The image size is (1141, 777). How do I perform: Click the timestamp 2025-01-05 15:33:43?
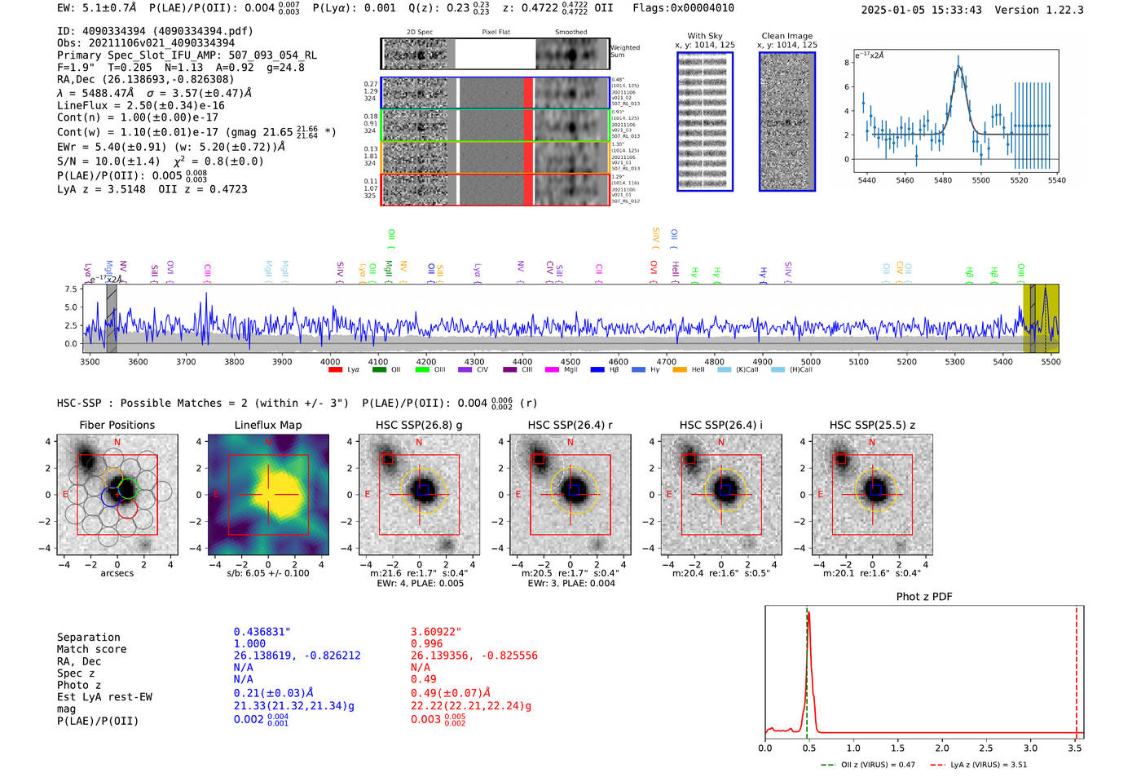921,10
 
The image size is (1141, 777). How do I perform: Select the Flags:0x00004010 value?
683,8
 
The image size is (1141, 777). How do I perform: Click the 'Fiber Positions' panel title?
117,425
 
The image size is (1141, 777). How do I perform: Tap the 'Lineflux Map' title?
267,425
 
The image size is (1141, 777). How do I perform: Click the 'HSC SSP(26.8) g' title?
419,425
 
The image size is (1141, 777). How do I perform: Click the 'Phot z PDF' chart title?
924,597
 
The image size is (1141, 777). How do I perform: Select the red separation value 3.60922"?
436,632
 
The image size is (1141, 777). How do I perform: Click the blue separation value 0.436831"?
262,632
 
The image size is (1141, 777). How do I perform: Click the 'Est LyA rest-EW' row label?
104,697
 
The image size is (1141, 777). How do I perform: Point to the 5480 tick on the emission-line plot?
943,180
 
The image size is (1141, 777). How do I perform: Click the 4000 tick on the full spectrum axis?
330,361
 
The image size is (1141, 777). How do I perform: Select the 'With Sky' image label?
705,36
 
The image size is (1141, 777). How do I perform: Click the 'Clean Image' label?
786,36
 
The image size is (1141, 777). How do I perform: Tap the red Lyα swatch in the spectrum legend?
335,370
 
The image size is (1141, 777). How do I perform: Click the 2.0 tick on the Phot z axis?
942,748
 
